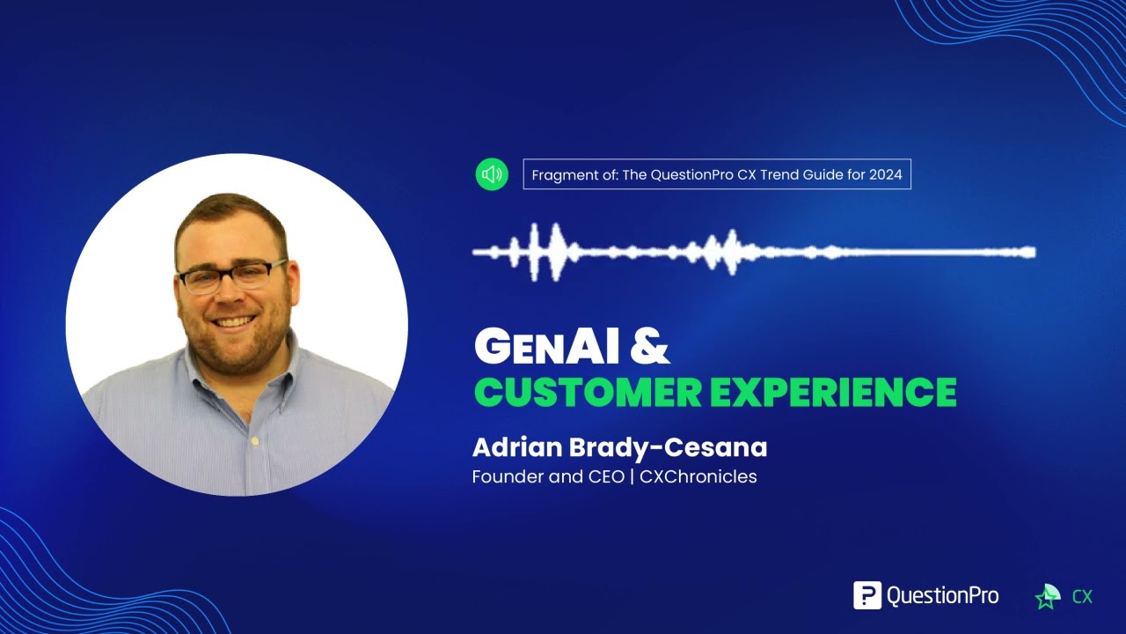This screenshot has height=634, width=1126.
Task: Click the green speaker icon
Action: click(492, 174)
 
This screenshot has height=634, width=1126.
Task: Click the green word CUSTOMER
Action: click(588, 392)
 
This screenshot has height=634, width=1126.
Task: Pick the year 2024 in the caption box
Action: click(885, 174)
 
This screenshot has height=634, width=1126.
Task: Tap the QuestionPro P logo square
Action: click(867, 595)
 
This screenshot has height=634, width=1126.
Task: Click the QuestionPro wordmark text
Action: click(942, 596)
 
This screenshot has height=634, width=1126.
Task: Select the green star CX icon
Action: click(1049, 597)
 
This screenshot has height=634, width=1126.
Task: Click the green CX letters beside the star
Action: click(1082, 597)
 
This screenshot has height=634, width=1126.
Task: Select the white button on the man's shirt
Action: click(254, 439)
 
